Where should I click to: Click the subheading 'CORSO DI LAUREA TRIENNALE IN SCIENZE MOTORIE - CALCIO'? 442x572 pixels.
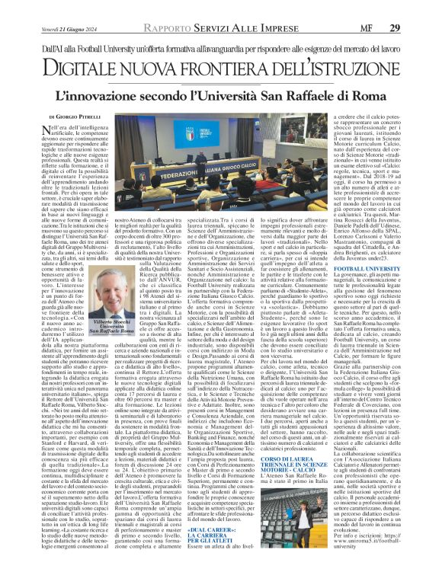tap(283, 445)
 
